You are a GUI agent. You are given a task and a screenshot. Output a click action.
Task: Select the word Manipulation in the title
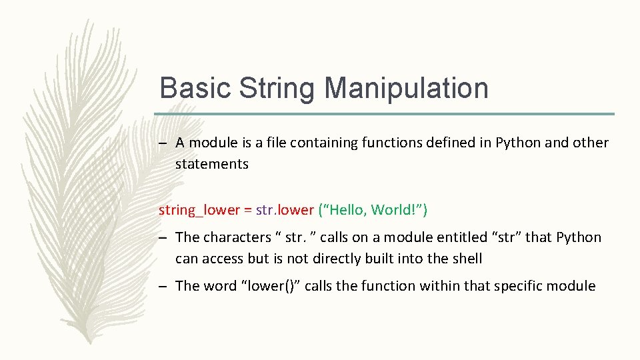click(x=407, y=88)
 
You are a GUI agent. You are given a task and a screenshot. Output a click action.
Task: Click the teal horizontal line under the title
click(x=387, y=114)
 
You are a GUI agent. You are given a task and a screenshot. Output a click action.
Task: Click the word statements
click(x=211, y=164)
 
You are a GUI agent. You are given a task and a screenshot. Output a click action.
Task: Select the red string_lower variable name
click(x=199, y=211)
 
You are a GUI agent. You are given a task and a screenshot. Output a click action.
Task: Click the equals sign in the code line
click(x=247, y=211)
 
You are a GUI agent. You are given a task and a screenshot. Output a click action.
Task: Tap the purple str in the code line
click(x=264, y=211)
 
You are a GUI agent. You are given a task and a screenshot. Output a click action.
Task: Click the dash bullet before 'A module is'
click(x=164, y=143)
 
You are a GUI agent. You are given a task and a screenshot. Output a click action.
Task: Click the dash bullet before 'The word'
click(x=164, y=287)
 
